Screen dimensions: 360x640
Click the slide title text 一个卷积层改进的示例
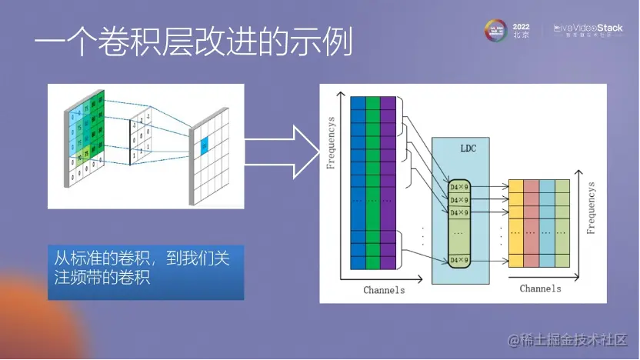192,44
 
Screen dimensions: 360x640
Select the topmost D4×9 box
459,186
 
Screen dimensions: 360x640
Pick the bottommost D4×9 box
459,260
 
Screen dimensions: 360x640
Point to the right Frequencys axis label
591,208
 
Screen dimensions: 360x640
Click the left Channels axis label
384,291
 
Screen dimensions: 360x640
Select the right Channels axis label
540,288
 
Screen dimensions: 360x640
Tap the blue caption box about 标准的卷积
145,267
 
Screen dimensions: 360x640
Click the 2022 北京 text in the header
521,31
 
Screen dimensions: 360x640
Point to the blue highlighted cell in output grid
204,144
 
